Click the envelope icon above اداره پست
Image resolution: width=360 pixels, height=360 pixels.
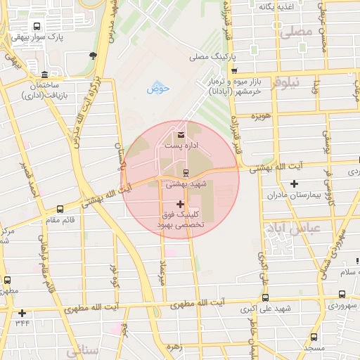click(182, 134)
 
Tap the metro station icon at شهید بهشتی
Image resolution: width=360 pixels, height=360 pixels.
click(186, 173)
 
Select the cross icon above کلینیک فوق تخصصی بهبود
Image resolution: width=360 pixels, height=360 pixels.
click(181, 204)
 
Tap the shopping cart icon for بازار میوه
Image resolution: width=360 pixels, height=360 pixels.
click(234, 70)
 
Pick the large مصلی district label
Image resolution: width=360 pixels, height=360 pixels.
click(295, 32)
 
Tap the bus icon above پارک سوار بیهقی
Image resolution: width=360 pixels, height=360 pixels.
click(37, 26)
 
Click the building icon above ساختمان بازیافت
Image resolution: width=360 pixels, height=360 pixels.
click(45, 75)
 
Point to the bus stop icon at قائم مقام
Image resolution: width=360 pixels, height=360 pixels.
click(60, 209)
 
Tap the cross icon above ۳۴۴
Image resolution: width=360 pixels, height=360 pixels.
click(22, 313)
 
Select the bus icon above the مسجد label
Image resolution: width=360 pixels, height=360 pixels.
click(314, 337)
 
